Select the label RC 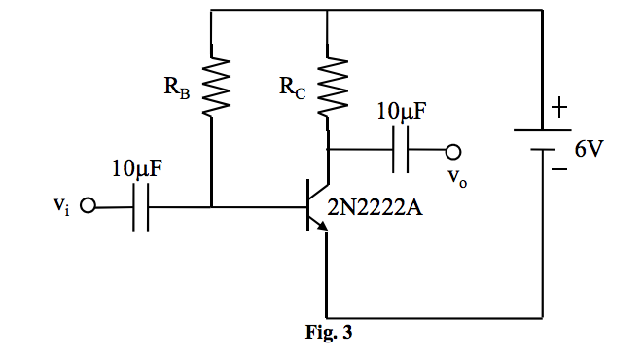292,90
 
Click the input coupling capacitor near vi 140,206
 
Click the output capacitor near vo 402,152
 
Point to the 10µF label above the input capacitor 136,167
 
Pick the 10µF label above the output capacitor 401,113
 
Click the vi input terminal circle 89,206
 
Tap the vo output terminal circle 452,152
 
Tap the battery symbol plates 541,140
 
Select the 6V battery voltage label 589,149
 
